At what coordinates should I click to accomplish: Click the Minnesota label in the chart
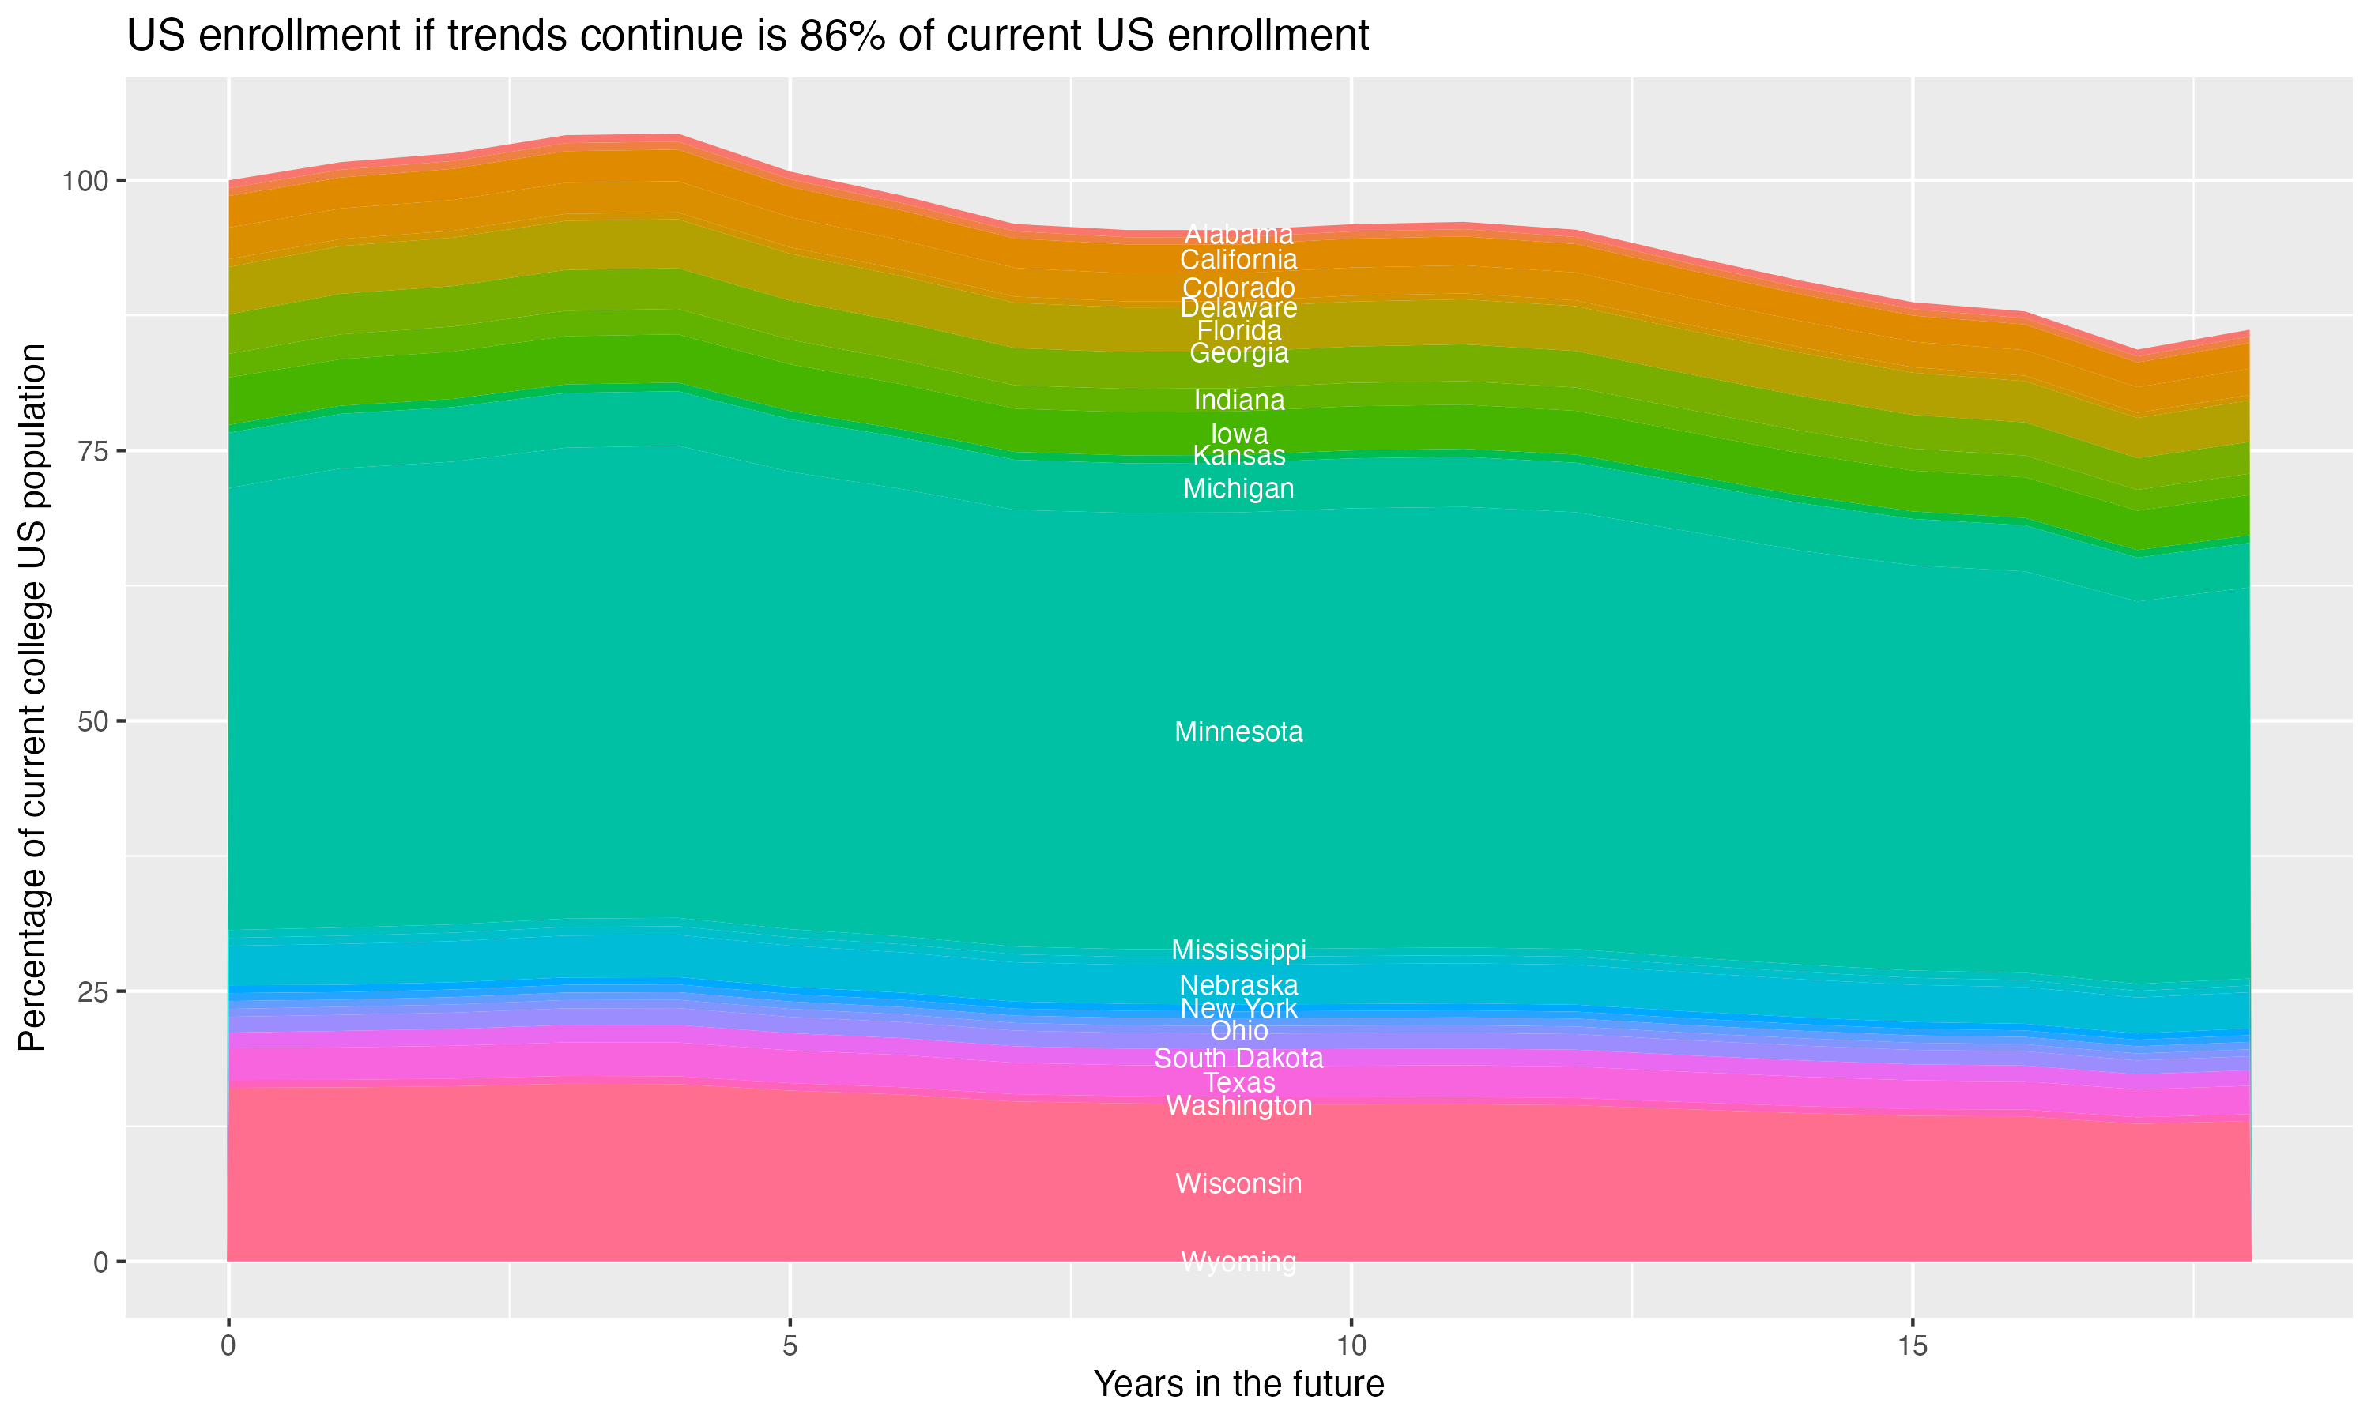[x=1238, y=732]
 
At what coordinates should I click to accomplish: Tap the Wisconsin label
[x=1238, y=1183]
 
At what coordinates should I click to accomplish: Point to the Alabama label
[x=1238, y=234]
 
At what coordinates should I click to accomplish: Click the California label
[x=1238, y=260]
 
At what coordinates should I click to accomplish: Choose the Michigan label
[x=1238, y=489]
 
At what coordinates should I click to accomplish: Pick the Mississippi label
[x=1238, y=950]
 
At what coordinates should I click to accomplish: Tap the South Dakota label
[x=1238, y=1058]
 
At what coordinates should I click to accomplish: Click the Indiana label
[x=1238, y=400]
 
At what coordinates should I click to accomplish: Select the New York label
[x=1238, y=1008]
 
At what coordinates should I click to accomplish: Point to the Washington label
[x=1238, y=1106]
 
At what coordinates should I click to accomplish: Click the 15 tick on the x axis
[x=1912, y=1346]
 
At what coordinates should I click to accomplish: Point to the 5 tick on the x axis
[x=790, y=1346]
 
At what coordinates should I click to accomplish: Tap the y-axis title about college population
[x=32, y=698]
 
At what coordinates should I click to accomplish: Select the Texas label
[x=1238, y=1083]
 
